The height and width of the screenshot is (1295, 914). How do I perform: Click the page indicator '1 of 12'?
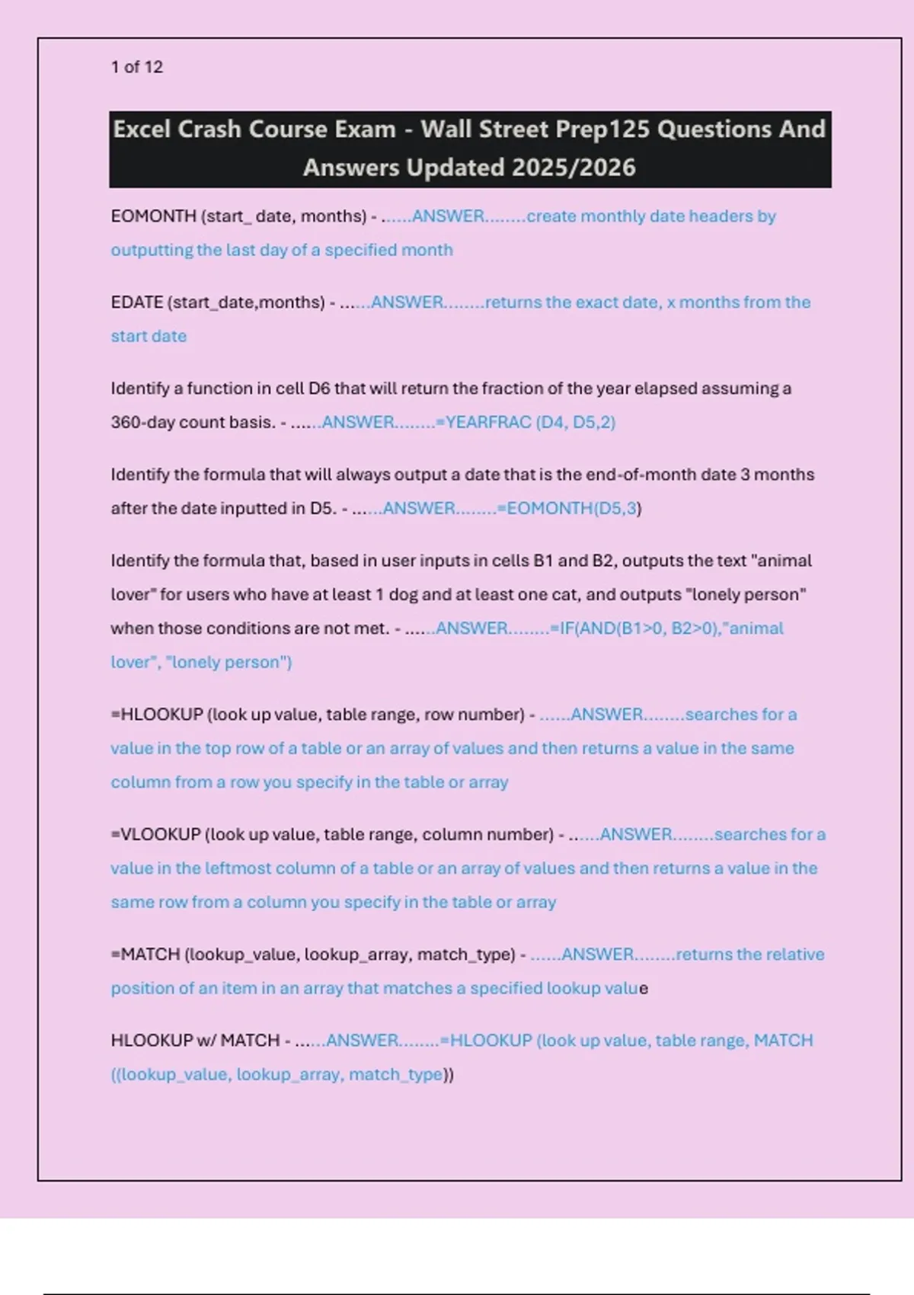(x=137, y=67)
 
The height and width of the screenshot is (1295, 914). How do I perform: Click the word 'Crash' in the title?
(x=209, y=129)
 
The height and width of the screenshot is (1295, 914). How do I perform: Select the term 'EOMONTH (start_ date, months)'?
(x=238, y=216)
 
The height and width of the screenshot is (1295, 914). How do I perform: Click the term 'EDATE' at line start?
(x=137, y=302)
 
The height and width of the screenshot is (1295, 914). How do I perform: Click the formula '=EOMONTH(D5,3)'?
(x=571, y=508)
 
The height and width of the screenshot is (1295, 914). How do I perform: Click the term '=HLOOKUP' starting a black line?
(x=157, y=715)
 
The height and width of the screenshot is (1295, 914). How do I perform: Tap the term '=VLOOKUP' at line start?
(x=155, y=834)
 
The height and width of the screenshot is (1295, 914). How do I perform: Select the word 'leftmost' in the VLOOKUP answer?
(x=225, y=868)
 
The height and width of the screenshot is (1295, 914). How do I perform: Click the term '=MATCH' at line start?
(x=145, y=954)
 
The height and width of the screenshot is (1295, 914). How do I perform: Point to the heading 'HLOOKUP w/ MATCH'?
(x=195, y=1041)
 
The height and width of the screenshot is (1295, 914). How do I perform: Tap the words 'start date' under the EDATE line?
(x=149, y=337)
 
